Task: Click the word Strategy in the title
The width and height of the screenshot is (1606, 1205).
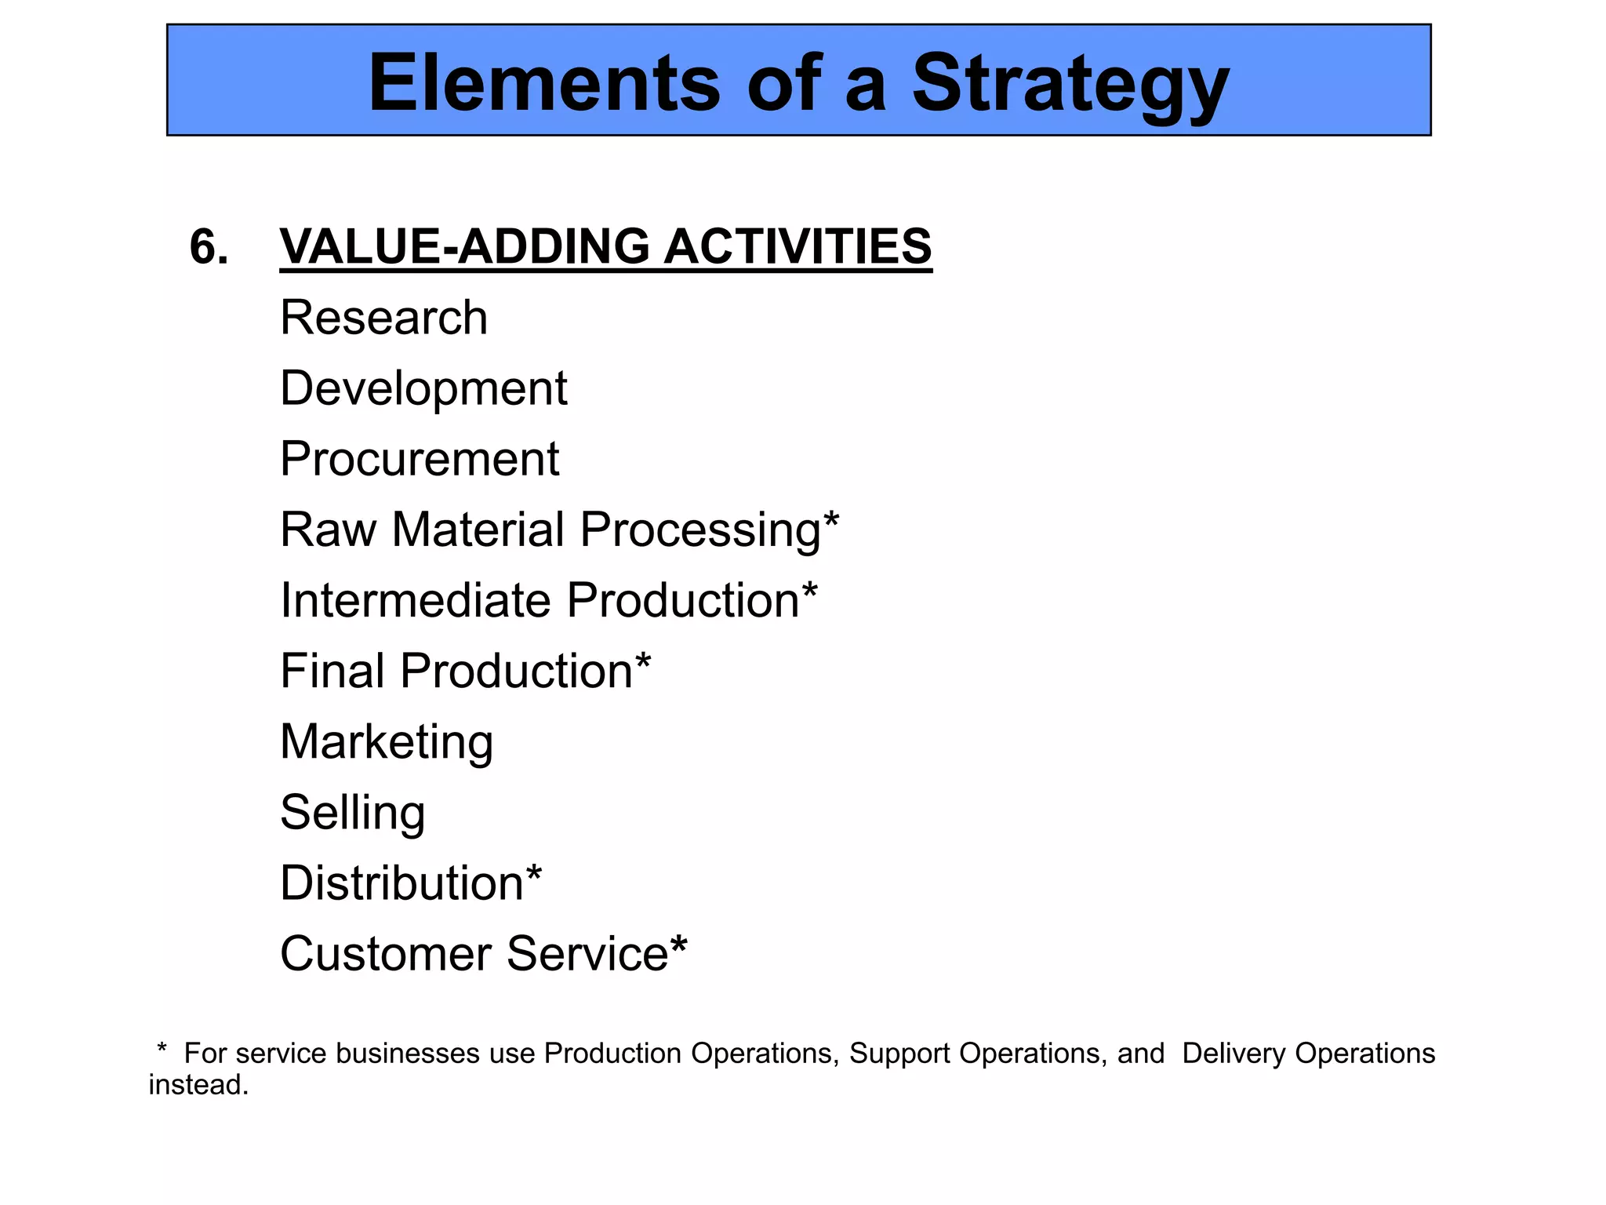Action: pyautogui.click(x=1070, y=85)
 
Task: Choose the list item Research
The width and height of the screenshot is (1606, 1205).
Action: pyautogui.click(x=383, y=318)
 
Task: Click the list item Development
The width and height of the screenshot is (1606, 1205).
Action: pyautogui.click(x=423, y=388)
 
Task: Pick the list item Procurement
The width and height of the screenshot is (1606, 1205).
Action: pyautogui.click(x=419, y=459)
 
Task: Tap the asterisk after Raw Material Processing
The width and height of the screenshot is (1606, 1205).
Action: pyautogui.click(x=831, y=519)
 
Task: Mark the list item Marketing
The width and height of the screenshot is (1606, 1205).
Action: pyautogui.click(x=387, y=742)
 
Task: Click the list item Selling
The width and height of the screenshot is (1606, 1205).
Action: pyautogui.click(x=352, y=813)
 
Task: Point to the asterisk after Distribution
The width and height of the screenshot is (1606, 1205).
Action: pyautogui.click(x=533, y=873)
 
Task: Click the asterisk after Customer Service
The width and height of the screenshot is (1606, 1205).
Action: pyautogui.click(x=678, y=944)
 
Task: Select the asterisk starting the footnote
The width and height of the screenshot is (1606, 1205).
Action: pyautogui.click(x=162, y=1049)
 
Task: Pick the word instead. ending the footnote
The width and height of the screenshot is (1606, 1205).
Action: pyautogui.click(x=198, y=1085)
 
